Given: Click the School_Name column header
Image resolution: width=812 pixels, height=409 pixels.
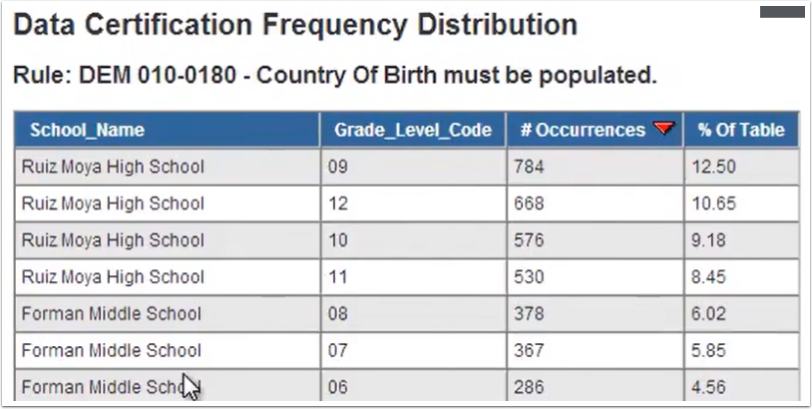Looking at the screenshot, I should [x=87, y=130].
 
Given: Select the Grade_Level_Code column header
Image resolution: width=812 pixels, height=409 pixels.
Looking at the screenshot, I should [x=412, y=130].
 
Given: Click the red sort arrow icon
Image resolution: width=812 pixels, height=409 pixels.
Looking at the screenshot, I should [x=662, y=128].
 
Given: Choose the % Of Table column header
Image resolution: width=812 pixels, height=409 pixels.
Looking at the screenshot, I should [x=740, y=130].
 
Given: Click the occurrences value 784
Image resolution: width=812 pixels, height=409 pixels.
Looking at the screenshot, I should [x=529, y=167].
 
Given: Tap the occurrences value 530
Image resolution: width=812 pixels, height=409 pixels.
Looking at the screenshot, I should [x=529, y=277].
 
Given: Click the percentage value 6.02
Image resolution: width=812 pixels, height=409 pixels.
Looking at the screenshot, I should [x=711, y=314].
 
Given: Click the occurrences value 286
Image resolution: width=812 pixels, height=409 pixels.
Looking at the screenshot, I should [x=529, y=387].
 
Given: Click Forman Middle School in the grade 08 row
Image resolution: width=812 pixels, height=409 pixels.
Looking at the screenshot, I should [x=111, y=314].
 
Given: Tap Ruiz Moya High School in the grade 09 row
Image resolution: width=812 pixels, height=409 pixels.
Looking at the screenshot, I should [x=113, y=167].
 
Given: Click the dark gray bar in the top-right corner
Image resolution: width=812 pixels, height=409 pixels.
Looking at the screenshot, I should [x=782, y=12].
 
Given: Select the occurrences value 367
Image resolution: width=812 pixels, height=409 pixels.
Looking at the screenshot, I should [x=529, y=350].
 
